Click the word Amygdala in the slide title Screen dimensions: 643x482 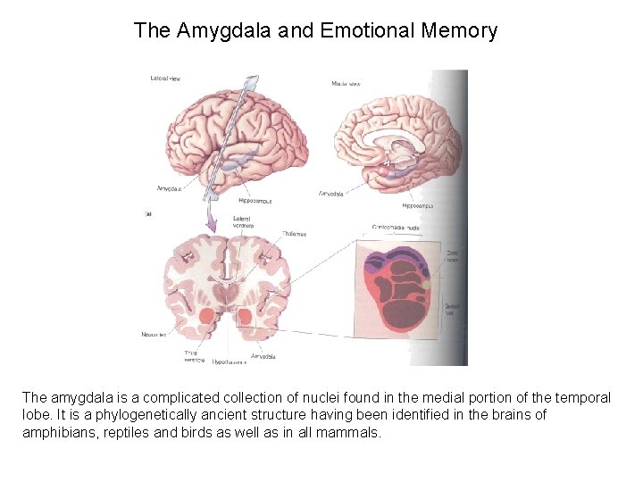(x=219, y=31)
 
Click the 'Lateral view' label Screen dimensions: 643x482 (x=165, y=79)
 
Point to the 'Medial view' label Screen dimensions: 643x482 (x=346, y=84)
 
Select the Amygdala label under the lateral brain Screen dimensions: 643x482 (x=170, y=188)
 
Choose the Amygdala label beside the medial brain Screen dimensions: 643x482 (x=331, y=193)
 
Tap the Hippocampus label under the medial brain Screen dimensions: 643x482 (x=417, y=205)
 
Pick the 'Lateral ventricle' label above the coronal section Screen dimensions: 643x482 (x=242, y=220)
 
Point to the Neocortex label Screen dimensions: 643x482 (x=154, y=335)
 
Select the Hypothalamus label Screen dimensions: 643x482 (x=230, y=361)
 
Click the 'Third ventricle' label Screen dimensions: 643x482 (x=191, y=356)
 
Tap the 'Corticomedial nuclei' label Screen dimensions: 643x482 (x=396, y=228)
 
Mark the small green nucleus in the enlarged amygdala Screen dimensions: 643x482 (x=426, y=285)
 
